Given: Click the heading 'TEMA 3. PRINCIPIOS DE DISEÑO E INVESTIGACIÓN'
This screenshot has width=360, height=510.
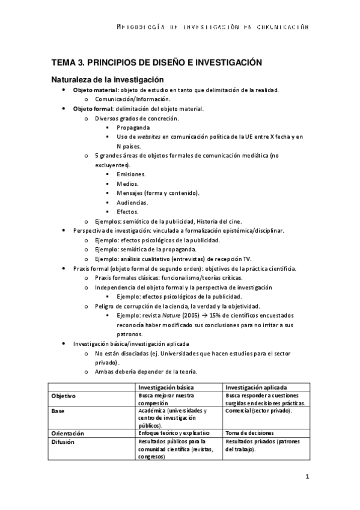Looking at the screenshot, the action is (157, 62).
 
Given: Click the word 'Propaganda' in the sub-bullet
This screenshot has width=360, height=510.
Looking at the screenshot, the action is (133, 127).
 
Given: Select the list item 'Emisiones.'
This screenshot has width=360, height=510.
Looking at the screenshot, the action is (131, 174).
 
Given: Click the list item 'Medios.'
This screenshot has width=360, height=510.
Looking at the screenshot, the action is (127, 183).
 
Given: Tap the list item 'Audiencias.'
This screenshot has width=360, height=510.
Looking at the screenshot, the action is (133, 203).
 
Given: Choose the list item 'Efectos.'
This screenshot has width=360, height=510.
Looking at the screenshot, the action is (127, 212).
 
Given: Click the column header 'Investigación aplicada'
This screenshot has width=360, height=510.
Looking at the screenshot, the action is (256, 387).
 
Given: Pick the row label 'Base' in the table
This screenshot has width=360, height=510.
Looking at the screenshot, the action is (59, 411).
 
